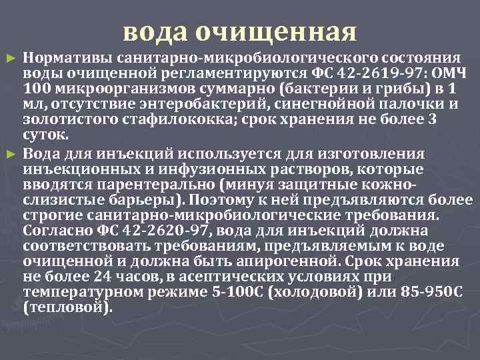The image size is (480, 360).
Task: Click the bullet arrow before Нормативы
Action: click(x=9, y=59)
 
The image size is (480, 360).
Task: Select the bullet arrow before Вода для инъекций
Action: click(x=9, y=155)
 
